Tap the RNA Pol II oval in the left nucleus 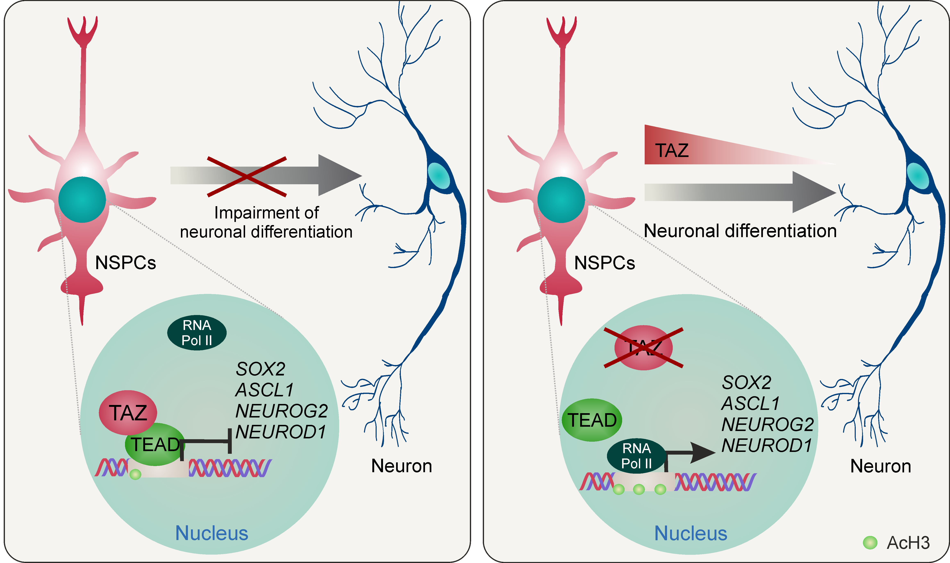pos(197,333)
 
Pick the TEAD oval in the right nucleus pos(592,420)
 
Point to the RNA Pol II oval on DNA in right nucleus pos(636,456)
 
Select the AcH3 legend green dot pos(870,543)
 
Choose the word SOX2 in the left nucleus pos(260,369)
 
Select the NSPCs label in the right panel pos(605,263)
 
